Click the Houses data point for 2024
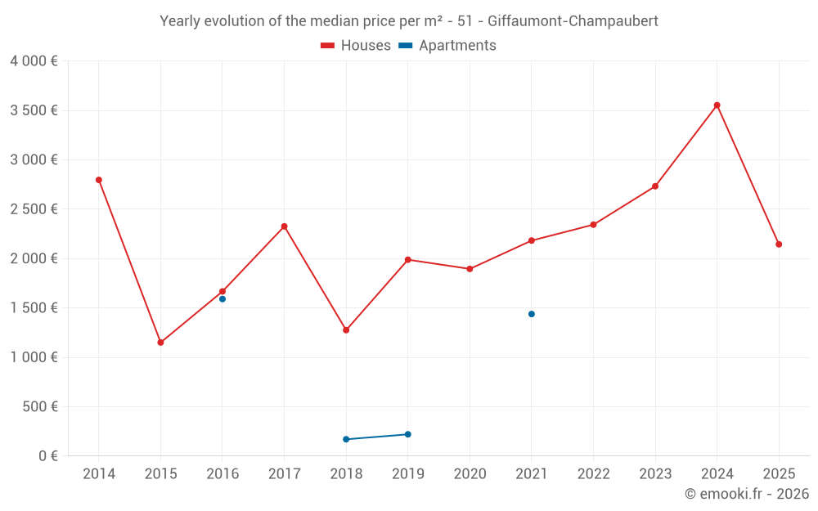click(717, 105)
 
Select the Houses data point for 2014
click(99, 180)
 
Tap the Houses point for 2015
click(160, 343)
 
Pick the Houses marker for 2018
click(346, 330)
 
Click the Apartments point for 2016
click(222, 299)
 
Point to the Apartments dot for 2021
click(532, 314)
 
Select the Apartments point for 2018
click(346, 439)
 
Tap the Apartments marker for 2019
click(408, 434)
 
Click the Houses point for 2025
click(779, 244)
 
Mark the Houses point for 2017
click(284, 226)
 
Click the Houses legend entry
click(356, 46)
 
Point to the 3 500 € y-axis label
click(34, 110)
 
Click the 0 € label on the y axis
click(46, 455)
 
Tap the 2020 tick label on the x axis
click(470, 474)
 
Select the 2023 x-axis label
click(655, 474)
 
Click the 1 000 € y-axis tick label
click(34, 357)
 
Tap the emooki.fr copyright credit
click(747, 494)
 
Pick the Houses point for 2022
click(593, 225)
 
